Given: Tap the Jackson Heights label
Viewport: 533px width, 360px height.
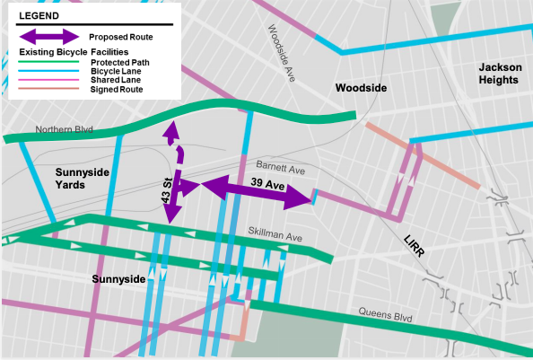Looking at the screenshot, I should pyautogui.click(x=498, y=74).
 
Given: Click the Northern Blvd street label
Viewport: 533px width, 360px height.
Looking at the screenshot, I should pyautogui.click(x=64, y=130).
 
